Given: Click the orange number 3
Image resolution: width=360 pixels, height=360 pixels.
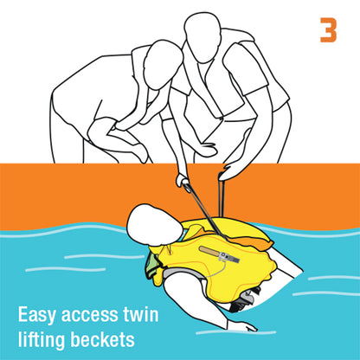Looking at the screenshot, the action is tap(329, 30).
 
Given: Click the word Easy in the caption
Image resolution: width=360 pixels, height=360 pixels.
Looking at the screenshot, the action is tap(36, 315).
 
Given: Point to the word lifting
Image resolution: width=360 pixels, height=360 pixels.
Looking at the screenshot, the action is tap(42, 339).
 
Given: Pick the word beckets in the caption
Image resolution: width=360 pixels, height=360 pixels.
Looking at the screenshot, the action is tap(103, 339).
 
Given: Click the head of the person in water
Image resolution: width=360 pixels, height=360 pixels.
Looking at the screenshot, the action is tap(153, 225).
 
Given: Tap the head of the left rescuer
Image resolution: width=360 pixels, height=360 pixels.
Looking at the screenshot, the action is tap(163, 65).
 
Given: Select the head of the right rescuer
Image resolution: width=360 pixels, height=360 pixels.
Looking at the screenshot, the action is tap(202, 36).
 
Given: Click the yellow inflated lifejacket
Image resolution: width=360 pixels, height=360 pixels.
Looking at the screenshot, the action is tap(219, 260).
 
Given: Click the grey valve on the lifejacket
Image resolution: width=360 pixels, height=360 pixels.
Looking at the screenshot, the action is tap(229, 257).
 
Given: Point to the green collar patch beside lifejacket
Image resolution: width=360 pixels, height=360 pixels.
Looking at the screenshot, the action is tap(151, 266).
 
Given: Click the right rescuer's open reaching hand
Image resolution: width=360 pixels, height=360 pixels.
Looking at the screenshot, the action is tap(231, 171).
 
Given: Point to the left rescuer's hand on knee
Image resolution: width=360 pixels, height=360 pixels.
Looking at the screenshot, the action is tap(141, 151).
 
